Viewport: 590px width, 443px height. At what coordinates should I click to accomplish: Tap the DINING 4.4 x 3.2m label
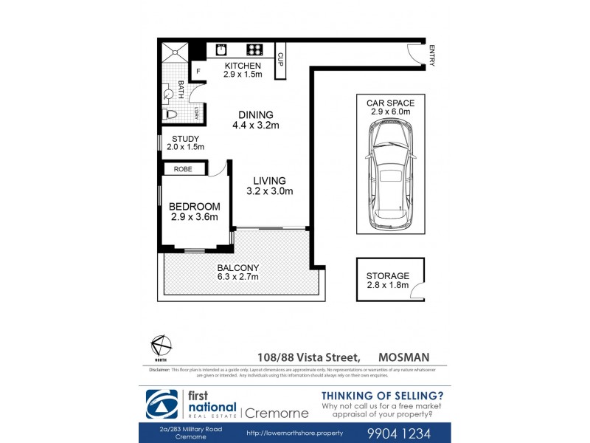coord(255,120)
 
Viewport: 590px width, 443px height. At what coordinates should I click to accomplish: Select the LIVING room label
coord(269,185)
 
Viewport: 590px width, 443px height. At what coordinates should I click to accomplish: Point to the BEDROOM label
coord(194,211)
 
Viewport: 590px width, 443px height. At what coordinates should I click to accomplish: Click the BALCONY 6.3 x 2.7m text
coord(237,272)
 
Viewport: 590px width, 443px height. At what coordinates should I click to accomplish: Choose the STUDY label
coord(184,142)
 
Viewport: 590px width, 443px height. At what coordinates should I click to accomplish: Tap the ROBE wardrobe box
coord(183,169)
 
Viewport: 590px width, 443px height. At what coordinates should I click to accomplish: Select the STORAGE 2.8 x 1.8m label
coord(388,281)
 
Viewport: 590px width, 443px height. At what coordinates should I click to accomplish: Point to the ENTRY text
coord(431,55)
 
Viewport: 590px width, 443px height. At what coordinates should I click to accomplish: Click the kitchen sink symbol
coord(221,50)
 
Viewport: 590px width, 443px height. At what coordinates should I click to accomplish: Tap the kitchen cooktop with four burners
coord(254,50)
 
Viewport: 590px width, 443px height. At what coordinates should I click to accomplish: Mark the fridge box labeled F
coord(197,71)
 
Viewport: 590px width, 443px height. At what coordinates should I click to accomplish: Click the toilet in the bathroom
coord(168,114)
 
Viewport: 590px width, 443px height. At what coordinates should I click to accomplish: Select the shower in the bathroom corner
coord(175,50)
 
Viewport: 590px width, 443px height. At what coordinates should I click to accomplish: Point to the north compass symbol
coord(161,345)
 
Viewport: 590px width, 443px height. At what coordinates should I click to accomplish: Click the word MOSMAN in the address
coord(404,357)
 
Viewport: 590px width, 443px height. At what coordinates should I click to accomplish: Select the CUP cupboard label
coord(280,59)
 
